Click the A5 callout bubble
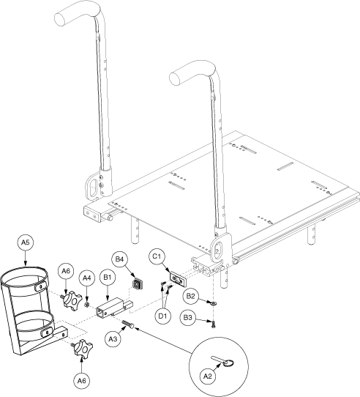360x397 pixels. point(26,242)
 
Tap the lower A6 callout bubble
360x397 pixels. point(81,381)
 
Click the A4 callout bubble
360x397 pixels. point(87,278)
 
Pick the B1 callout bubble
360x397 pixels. point(108,278)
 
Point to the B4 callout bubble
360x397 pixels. point(120,259)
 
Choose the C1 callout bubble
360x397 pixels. point(157,256)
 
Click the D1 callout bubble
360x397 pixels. point(163,316)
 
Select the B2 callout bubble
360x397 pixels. point(191,296)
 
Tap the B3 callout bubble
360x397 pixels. point(188,317)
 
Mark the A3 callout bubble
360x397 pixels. point(113,338)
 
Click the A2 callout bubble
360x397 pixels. point(207,376)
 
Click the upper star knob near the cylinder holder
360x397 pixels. point(72,301)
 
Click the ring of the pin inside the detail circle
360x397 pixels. point(229,363)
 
